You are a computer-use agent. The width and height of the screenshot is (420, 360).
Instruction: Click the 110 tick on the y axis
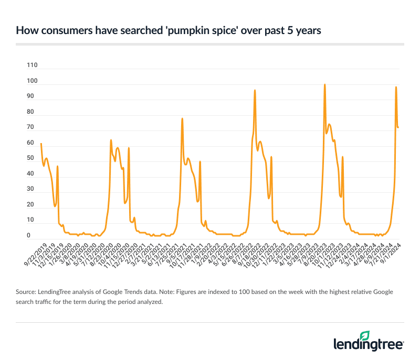point(32,65)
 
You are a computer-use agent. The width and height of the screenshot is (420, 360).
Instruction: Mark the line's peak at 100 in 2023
point(324,84)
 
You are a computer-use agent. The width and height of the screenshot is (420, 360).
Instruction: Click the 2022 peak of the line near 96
point(255,90)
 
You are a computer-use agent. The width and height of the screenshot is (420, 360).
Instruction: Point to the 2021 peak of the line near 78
point(182,118)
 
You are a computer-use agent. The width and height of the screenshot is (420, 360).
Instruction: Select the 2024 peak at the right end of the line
point(396,87)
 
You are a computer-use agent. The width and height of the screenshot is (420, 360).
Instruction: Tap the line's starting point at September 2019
point(41,144)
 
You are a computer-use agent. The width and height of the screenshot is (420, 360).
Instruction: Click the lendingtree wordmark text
point(369,344)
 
